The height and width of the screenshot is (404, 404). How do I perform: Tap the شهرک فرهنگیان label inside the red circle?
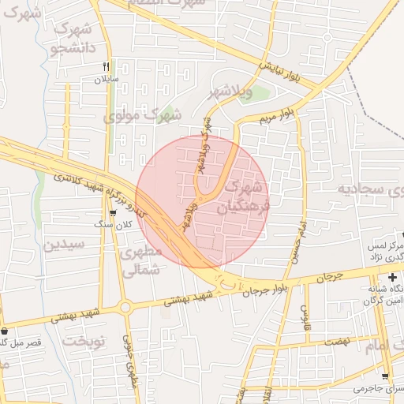tap(244, 197)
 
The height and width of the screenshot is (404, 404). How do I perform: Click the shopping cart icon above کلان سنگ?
tap(114, 211)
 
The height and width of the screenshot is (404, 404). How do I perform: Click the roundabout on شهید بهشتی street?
tap(124, 305)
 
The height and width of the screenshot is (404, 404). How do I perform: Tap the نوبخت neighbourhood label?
tap(84, 341)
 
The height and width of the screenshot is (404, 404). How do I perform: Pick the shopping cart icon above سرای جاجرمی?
tap(385, 377)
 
